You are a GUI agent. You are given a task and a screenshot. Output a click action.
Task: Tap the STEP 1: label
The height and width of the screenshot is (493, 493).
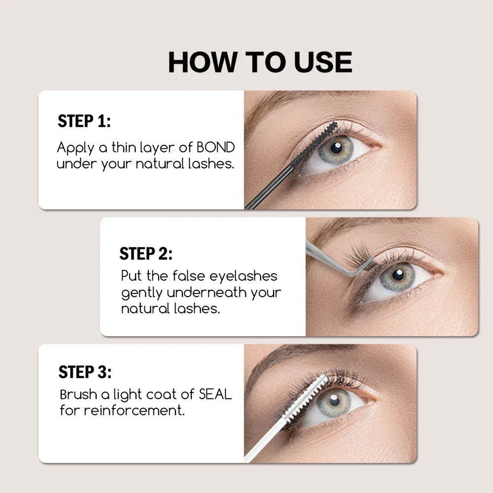point(84,121)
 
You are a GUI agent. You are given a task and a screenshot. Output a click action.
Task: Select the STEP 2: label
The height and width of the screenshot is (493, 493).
point(146,254)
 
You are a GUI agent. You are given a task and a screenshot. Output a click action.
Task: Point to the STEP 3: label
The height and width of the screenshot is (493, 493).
point(85,372)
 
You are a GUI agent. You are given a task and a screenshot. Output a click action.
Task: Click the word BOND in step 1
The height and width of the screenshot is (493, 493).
point(215,147)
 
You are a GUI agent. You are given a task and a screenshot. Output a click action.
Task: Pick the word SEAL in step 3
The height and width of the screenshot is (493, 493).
point(215,394)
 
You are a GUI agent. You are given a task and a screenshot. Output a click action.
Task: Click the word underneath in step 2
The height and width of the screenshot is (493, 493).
point(207,292)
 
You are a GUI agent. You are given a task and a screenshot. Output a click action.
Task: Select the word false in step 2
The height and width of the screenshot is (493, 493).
point(179,276)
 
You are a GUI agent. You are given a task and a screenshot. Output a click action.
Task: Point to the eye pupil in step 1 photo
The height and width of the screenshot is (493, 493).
point(337,146)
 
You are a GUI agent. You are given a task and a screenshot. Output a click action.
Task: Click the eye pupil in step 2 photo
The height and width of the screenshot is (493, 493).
point(397,273)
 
